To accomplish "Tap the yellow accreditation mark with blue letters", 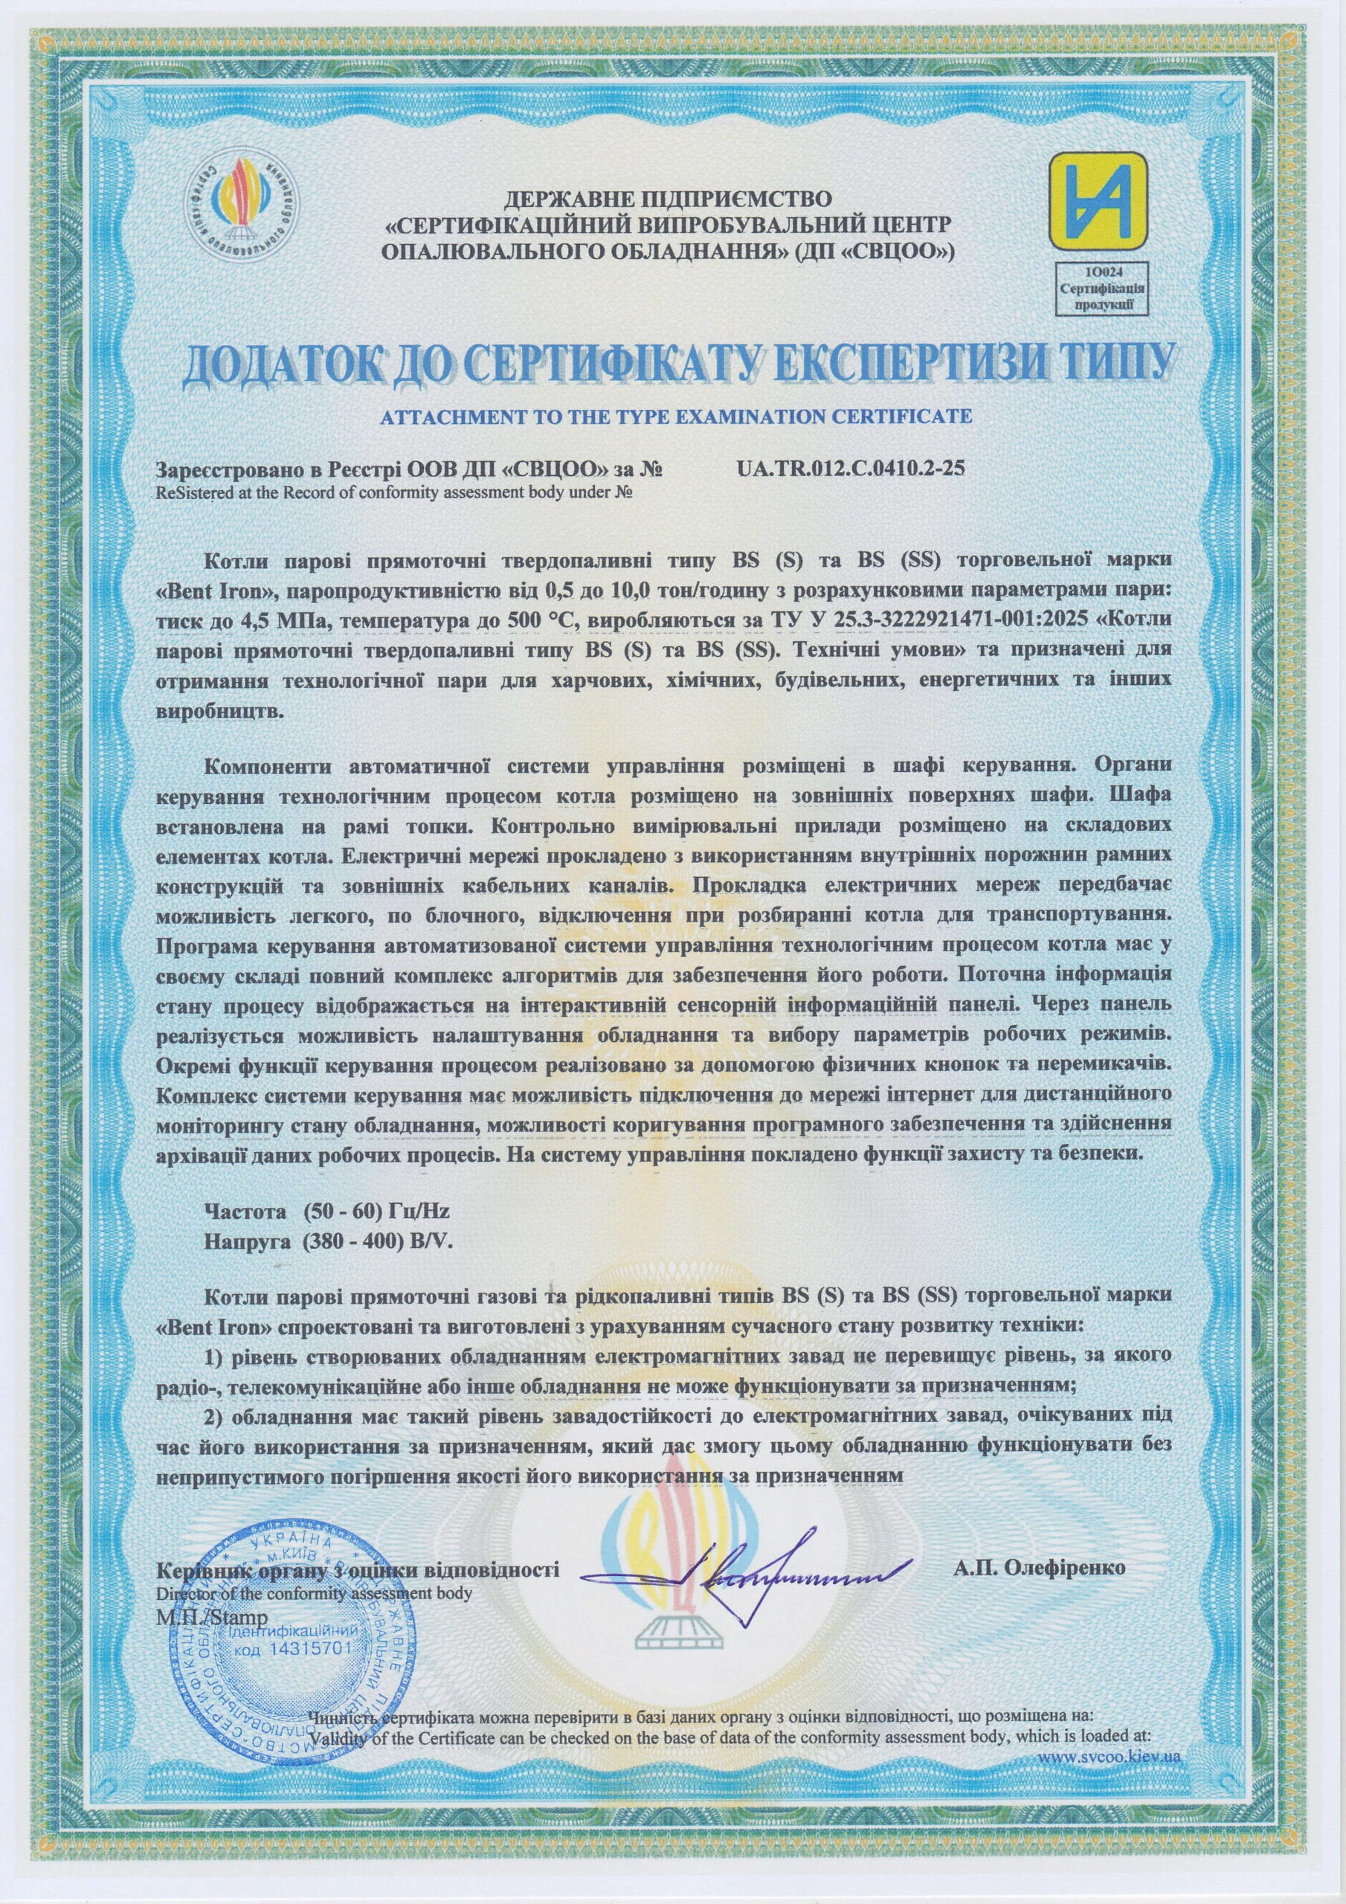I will coord(1098,201).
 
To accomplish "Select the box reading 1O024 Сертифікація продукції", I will coord(1102,288).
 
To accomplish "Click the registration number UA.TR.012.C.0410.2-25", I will coord(850,469).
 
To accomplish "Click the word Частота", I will coord(245,1212).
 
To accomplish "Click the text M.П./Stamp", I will coord(211,1617).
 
